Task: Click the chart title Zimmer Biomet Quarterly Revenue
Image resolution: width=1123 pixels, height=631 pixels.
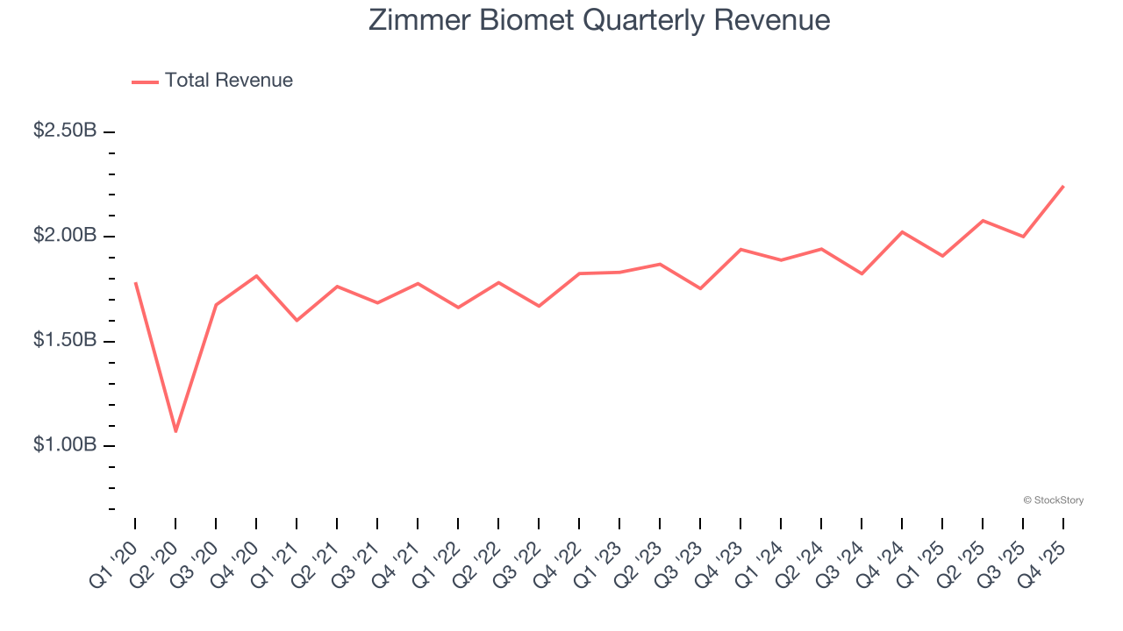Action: click(599, 20)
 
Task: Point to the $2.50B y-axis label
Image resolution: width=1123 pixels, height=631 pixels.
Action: click(65, 131)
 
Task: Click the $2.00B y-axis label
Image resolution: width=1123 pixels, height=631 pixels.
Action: click(65, 236)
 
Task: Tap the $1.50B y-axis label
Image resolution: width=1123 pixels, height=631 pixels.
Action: click(65, 340)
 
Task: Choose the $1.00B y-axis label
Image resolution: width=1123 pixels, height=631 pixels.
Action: click(65, 445)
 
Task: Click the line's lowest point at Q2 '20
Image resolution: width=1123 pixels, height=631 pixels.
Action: click(175, 431)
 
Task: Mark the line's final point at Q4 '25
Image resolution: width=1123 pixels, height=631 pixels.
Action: click(1063, 186)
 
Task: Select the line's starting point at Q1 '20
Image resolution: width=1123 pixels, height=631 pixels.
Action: click(135, 283)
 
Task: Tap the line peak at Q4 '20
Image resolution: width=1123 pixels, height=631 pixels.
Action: click(256, 276)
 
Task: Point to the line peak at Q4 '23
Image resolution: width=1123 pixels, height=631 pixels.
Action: click(740, 250)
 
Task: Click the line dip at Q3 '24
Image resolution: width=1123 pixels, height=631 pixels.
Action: click(862, 273)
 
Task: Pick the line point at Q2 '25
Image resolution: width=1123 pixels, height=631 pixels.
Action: click(983, 220)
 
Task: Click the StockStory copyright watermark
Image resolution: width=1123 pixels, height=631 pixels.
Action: click(1053, 500)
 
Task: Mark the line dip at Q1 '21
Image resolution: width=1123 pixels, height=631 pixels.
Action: click(297, 320)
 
